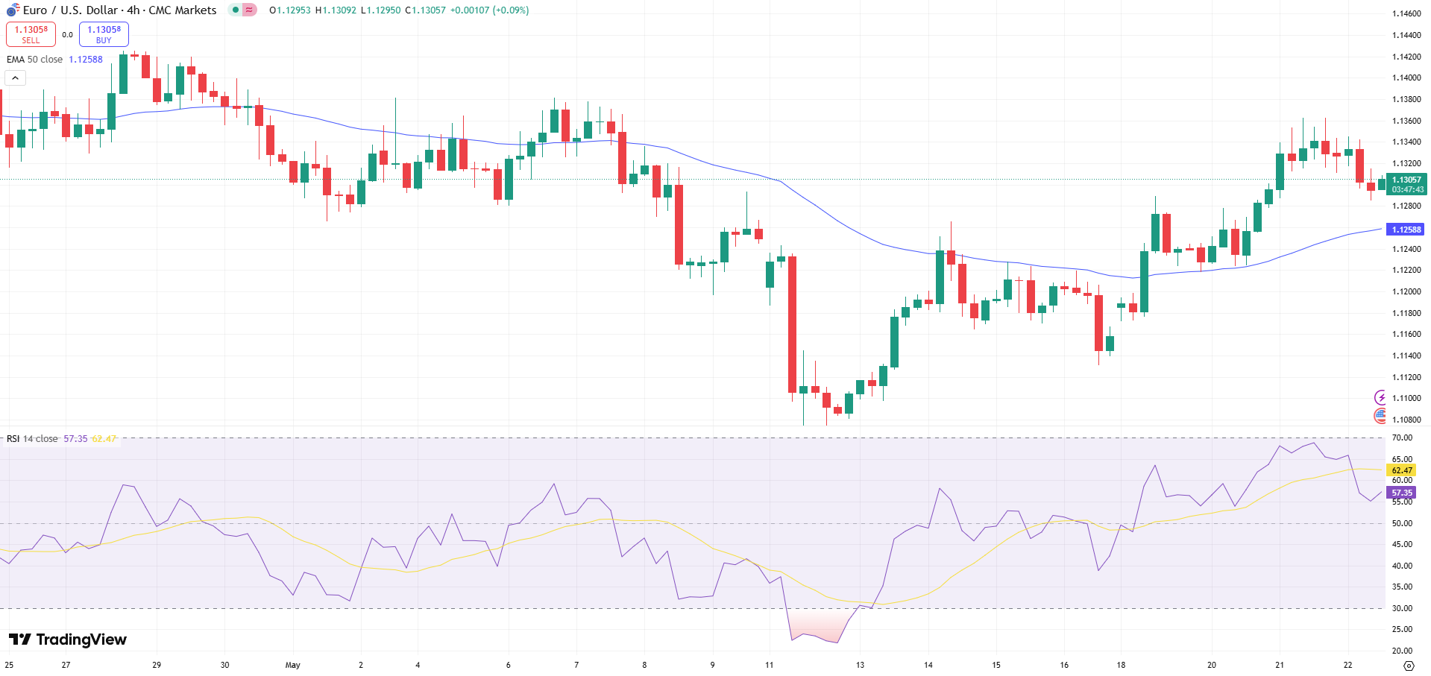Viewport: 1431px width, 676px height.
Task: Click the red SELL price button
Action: [31, 34]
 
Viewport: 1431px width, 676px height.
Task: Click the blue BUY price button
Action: [104, 34]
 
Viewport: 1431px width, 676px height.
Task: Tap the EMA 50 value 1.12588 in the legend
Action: [86, 60]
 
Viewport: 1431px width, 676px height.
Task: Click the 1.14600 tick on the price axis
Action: [1406, 13]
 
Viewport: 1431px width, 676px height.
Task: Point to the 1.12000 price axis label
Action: [1406, 291]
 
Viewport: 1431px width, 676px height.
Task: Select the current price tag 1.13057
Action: [1406, 180]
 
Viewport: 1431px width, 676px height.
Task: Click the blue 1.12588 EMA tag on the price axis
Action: [1405, 230]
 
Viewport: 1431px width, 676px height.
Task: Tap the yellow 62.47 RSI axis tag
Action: [1402, 470]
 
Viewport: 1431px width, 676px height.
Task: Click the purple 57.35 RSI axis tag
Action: [1402, 493]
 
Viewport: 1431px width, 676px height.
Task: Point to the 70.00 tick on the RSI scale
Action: [1402, 438]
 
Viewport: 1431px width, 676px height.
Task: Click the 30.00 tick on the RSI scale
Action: [1402, 608]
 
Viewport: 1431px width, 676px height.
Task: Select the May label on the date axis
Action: [292, 665]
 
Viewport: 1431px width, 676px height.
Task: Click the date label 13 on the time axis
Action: [860, 665]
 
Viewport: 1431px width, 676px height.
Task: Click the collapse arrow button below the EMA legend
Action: [15, 78]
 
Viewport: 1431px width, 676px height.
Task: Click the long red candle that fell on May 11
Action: [792, 324]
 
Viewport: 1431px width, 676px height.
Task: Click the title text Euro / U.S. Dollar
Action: [71, 10]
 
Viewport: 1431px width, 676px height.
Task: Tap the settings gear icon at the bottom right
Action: [1408, 666]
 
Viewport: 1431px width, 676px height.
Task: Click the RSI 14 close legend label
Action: [32, 439]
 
